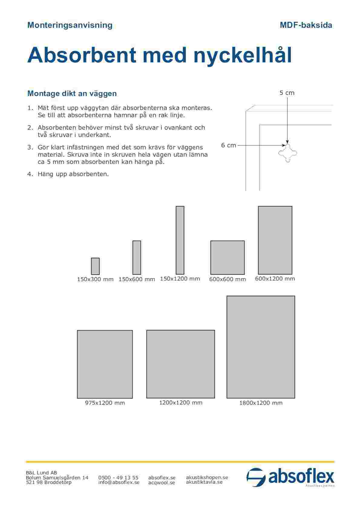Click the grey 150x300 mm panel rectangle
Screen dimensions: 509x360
coord(95,266)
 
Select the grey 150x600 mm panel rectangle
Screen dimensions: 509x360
coord(137,258)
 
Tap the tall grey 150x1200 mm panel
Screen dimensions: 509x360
coord(180,240)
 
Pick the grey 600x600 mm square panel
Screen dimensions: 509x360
coord(227,258)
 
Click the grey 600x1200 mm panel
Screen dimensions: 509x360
coord(275,240)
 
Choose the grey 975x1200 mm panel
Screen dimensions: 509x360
coord(105,364)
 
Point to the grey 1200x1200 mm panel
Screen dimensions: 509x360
coord(181,364)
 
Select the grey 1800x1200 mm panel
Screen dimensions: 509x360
coord(261,347)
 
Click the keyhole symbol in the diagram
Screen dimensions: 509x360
coord(288,153)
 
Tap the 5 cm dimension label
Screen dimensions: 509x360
coord(287,93)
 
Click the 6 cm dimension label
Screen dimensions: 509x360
coord(228,145)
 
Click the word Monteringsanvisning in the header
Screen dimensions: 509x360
coord(70,25)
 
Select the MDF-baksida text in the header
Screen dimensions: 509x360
coord(306,25)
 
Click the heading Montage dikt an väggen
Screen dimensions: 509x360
coord(72,93)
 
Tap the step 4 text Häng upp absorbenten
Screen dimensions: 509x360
coord(73,174)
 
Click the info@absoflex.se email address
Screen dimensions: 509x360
coord(119,482)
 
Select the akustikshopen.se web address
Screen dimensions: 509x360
coord(207,477)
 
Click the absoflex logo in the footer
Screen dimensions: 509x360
coord(290,478)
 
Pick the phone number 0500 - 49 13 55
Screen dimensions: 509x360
coord(118,478)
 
